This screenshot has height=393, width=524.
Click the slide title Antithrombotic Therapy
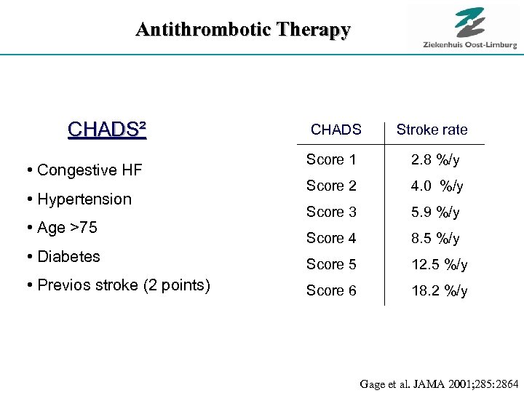(243, 30)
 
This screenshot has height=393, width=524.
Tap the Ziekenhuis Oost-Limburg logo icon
(469, 22)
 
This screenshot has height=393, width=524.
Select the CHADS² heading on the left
(107, 130)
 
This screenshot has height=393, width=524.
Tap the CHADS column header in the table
(336, 130)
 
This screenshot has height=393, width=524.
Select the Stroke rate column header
(432, 130)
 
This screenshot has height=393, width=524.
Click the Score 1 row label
(331, 159)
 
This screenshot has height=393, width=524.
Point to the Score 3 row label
(331, 212)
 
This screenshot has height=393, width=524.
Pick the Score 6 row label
(331, 290)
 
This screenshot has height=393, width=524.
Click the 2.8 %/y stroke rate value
(435, 159)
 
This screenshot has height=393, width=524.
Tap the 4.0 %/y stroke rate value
(437, 186)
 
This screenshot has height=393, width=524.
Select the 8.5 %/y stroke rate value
(435, 238)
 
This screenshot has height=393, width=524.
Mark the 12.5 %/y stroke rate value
(439, 264)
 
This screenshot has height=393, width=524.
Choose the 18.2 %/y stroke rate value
(439, 291)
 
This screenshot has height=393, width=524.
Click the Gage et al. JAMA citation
(439, 383)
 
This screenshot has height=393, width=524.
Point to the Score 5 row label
(331, 264)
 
